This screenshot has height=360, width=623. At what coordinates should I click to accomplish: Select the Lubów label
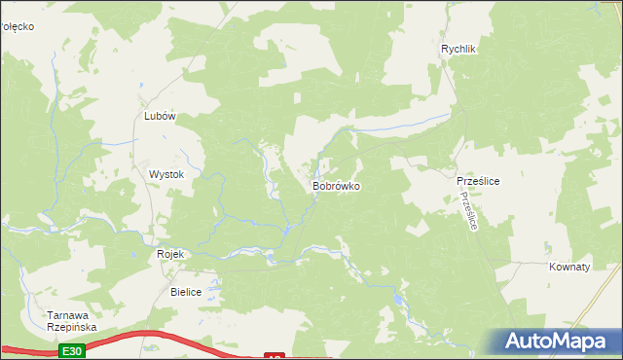(159, 116)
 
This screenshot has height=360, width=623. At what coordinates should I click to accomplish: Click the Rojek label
(170, 254)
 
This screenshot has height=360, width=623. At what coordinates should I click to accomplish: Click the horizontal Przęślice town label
(478, 181)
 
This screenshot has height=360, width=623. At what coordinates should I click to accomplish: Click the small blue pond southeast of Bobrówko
(398, 301)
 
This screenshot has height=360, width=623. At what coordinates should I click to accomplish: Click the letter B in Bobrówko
(315, 185)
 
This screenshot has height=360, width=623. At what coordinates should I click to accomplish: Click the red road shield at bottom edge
(275, 356)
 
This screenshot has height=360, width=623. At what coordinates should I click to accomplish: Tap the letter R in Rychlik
(444, 50)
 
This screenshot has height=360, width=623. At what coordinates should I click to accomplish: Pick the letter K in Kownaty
(552, 266)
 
